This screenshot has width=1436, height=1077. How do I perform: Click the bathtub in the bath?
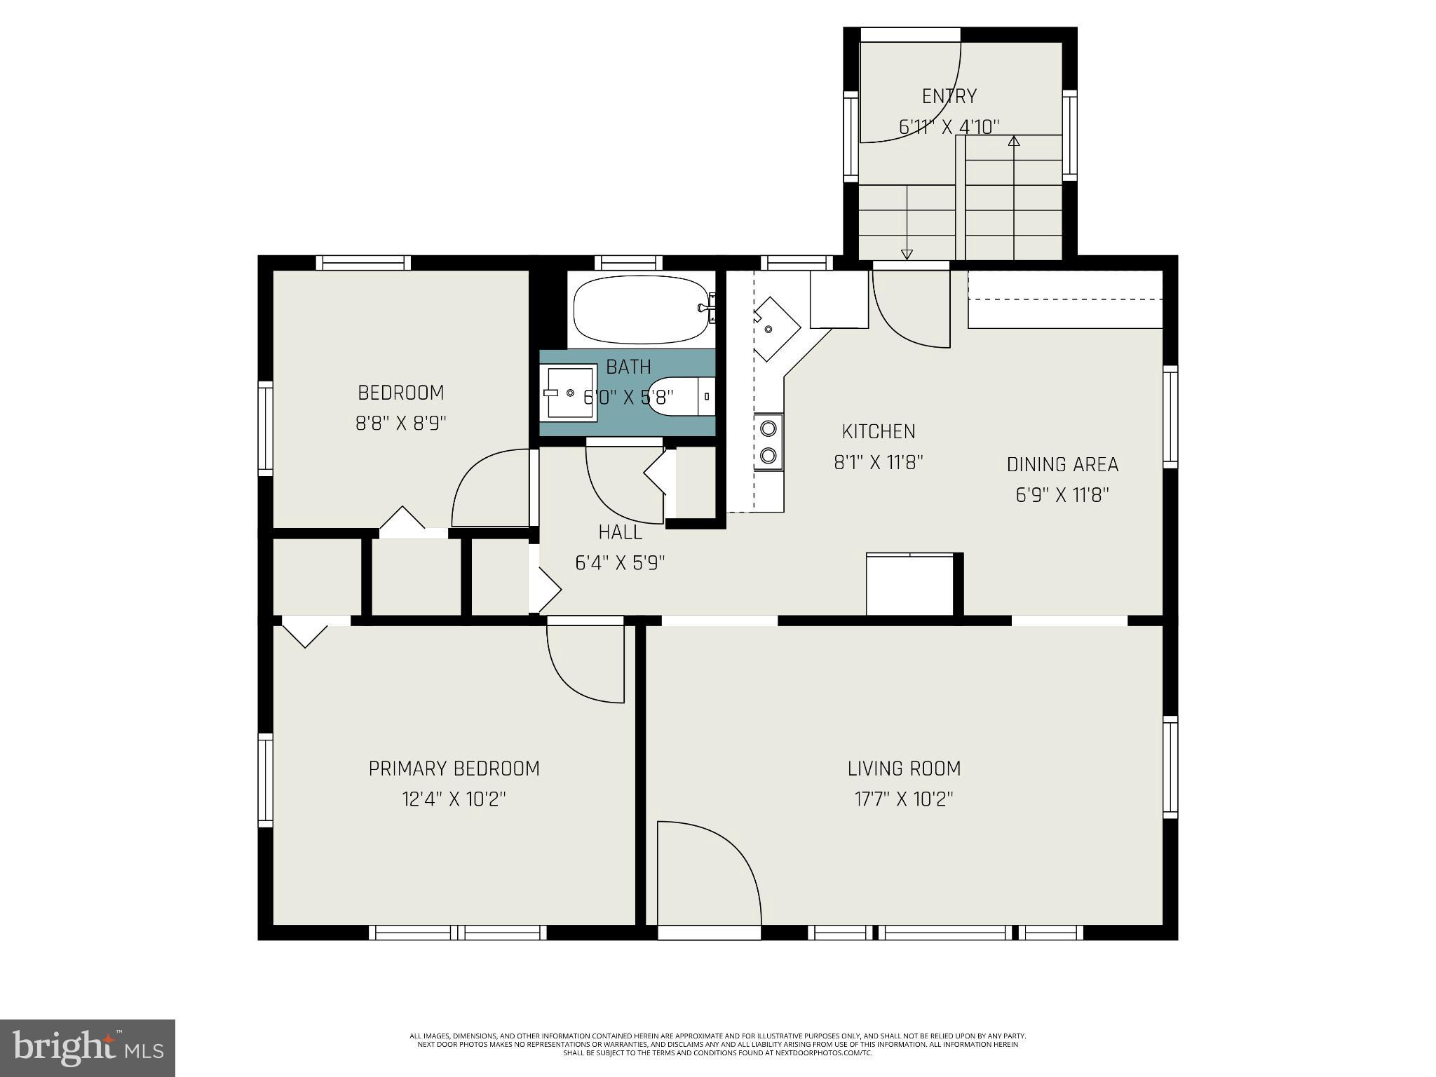tap(641, 309)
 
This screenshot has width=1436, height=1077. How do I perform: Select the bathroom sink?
tap(570, 393)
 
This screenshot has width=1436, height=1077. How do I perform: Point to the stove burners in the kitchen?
tap(768, 441)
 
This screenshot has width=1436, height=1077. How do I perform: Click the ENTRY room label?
tap(949, 96)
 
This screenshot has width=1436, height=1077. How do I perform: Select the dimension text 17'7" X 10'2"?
tap(904, 799)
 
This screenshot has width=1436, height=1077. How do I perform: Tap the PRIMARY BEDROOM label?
tap(454, 768)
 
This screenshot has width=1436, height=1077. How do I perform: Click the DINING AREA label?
tap(1062, 464)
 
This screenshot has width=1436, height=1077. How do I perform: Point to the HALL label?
tap(620, 532)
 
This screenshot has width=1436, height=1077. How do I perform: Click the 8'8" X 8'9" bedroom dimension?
tap(400, 424)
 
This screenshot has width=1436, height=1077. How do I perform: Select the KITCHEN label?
tap(879, 431)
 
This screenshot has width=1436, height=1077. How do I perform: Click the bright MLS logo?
tap(88, 1048)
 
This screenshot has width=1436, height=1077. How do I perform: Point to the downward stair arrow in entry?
tap(907, 254)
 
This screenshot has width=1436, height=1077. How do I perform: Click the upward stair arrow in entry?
tap(1013, 142)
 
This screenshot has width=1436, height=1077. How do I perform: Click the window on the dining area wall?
tap(1170, 416)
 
